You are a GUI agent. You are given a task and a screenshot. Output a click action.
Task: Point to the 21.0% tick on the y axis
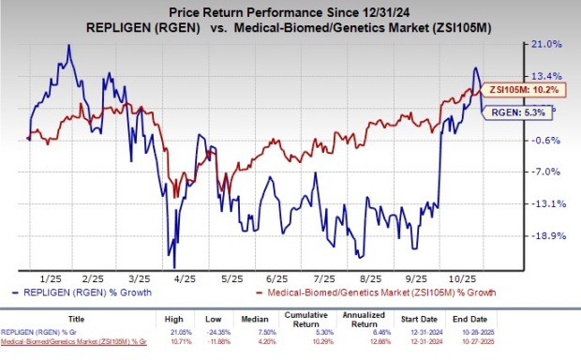pyautogui.click(x=546, y=44)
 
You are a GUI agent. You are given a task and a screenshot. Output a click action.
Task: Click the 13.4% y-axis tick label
pyautogui.click(x=546, y=76)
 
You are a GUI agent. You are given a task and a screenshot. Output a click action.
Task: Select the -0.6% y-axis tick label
pyautogui.click(x=546, y=141)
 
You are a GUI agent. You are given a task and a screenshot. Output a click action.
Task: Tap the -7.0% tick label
pyautogui.click(x=546, y=172)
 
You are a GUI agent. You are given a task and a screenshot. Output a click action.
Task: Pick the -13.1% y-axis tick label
pyautogui.click(x=546, y=204)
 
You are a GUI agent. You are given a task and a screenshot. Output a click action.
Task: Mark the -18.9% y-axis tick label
pyautogui.click(x=546, y=236)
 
